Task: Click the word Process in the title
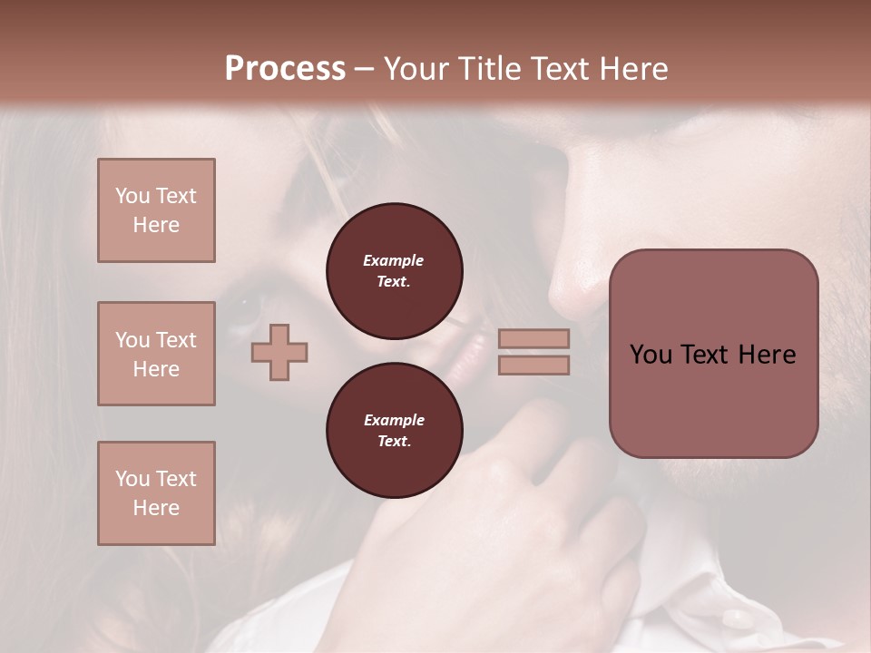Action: pyautogui.click(x=285, y=69)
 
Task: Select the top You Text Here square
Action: pyautogui.click(x=156, y=210)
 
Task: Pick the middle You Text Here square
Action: pyautogui.click(x=156, y=354)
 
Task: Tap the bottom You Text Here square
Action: pyautogui.click(x=156, y=493)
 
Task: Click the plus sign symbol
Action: pyautogui.click(x=279, y=351)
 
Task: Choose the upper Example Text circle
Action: pyautogui.click(x=394, y=271)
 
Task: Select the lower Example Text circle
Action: pyautogui.click(x=394, y=431)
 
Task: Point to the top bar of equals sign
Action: pyautogui.click(x=534, y=338)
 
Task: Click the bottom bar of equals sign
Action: pyautogui.click(x=534, y=365)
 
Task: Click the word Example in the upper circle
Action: pyautogui.click(x=394, y=260)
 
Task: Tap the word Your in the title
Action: pyautogui.click(x=417, y=69)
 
